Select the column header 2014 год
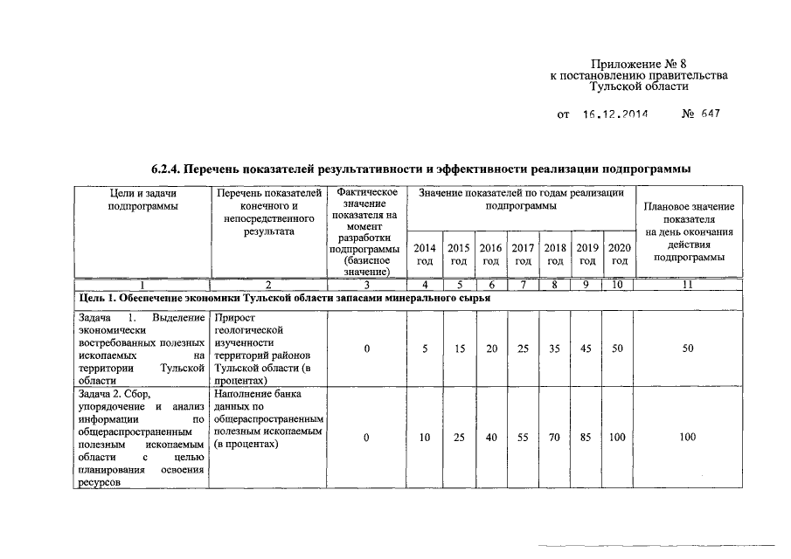425,254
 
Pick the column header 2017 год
523,254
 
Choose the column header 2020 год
619,254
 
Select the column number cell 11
689,285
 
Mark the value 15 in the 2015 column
458,349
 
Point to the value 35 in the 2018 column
554,349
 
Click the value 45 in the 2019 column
586,349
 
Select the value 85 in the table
586,438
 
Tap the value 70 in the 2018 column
554,438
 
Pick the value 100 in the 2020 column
617,438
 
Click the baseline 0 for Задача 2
367,438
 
